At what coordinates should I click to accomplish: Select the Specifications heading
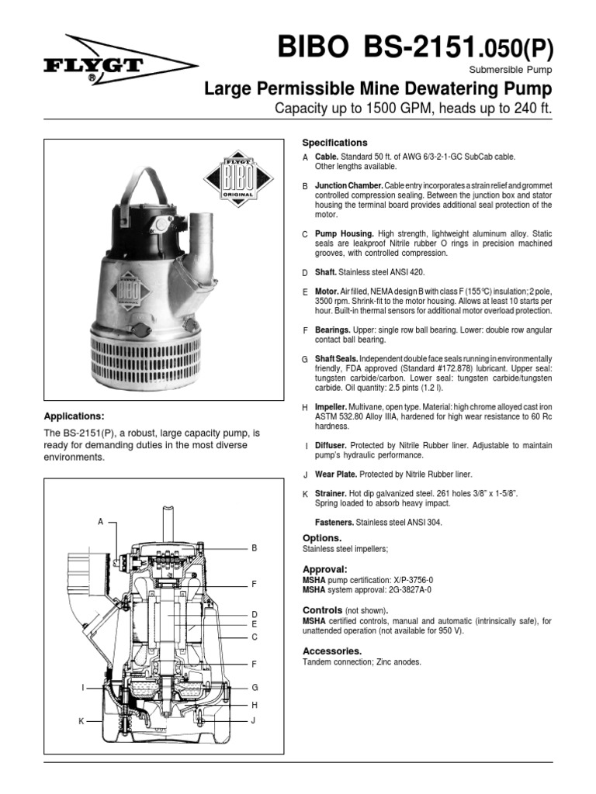[334, 143]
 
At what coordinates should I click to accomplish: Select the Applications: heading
[74, 416]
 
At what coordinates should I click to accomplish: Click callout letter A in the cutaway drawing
[100, 522]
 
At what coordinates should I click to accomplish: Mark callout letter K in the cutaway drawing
[81, 721]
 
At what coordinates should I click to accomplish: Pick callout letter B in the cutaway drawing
[253, 547]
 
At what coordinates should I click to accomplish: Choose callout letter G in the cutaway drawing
[253, 687]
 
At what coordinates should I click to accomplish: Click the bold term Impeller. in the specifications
[331, 407]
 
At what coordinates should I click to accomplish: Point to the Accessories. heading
[331, 651]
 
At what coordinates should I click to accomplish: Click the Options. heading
[322, 537]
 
